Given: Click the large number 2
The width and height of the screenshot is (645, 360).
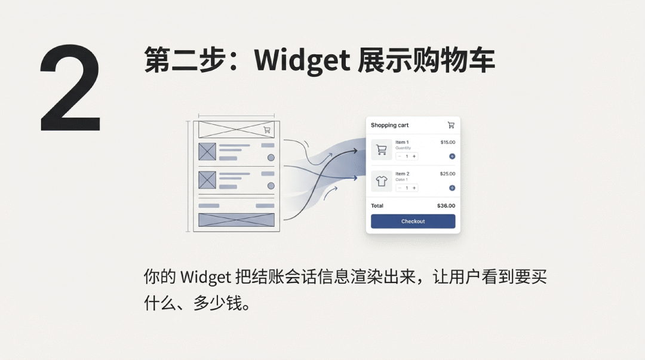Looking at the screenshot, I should [70, 88].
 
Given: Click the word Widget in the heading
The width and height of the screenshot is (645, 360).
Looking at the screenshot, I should [302, 60].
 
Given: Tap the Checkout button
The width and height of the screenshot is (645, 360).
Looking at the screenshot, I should [413, 221].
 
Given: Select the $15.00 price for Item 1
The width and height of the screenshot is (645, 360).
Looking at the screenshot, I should [447, 142].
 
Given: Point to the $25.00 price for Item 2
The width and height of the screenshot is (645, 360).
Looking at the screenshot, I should [447, 174].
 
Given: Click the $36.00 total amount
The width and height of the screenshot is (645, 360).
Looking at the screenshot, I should [446, 206].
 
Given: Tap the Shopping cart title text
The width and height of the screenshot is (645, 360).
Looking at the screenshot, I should [389, 125].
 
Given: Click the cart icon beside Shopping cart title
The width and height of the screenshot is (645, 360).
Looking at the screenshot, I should [451, 125].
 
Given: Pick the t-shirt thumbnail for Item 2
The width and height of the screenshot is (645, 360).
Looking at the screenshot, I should [382, 181].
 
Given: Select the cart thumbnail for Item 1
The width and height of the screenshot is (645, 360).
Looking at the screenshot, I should [382, 149].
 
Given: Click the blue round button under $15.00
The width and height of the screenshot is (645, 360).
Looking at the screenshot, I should [452, 156].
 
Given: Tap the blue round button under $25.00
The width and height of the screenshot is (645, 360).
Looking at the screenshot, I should [452, 188].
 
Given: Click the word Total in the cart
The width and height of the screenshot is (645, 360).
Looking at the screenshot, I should [377, 206].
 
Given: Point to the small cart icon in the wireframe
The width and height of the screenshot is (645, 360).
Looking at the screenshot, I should [267, 130].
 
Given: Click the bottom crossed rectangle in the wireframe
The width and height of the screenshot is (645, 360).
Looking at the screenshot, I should [236, 220].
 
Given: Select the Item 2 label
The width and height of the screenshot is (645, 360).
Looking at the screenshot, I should [402, 174].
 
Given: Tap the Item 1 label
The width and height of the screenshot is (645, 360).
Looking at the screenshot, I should [402, 142].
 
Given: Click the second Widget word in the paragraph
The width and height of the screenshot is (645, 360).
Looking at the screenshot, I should [205, 278].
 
